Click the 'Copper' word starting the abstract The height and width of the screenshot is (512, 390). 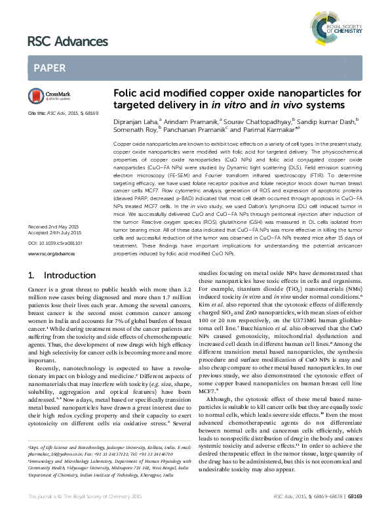124,142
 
